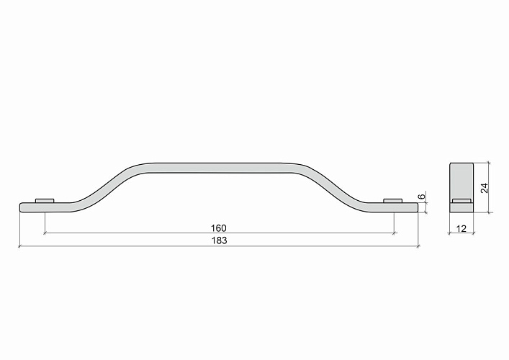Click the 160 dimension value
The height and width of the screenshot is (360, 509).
tap(218, 228)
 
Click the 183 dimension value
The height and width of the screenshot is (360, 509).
tap(220, 240)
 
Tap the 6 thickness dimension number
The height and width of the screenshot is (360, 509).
tap(421, 197)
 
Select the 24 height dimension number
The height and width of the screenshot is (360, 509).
tap(485, 188)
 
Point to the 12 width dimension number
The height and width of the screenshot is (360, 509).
tap(461, 229)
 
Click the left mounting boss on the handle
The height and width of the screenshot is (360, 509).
tap(45, 200)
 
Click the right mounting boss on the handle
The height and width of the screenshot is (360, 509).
tap(393, 201)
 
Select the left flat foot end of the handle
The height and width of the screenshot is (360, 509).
tap(45, 207)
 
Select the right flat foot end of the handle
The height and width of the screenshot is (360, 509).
tap(392, 208)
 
